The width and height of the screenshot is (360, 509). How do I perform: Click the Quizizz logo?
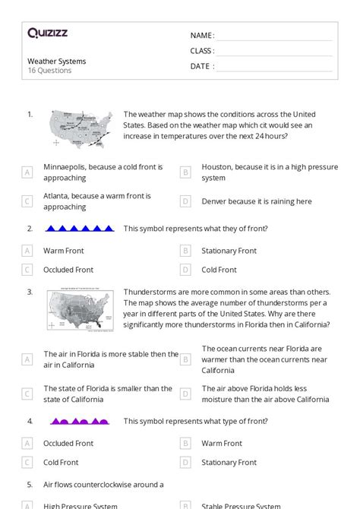[x=49, y=33]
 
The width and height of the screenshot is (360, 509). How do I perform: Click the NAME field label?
[x=202, y=36]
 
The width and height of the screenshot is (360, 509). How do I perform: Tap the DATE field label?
[x=201, y=66]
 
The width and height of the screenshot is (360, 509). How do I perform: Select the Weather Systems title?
[x=56, y=61]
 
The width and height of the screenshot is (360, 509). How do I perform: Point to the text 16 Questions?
[x=49, y=71]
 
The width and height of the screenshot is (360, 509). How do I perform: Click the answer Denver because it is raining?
[x=256, y=201]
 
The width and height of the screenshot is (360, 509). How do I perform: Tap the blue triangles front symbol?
[x=80, y=228]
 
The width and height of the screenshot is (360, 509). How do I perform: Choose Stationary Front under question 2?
[x=239, y=251]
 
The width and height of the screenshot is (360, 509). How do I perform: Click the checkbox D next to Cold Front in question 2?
[x=185, y=270]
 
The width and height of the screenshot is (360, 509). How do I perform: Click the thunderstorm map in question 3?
[x=81, y=309]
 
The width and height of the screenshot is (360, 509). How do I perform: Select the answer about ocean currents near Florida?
[x=264, y=359]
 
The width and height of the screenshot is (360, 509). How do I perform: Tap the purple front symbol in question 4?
[x=80, y=421]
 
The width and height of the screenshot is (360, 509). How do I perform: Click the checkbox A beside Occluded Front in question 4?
[x=27, y=444]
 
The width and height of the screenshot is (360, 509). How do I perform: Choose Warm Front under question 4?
[x=222, y=444]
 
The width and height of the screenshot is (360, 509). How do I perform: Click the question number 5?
[x=30, y=484]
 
